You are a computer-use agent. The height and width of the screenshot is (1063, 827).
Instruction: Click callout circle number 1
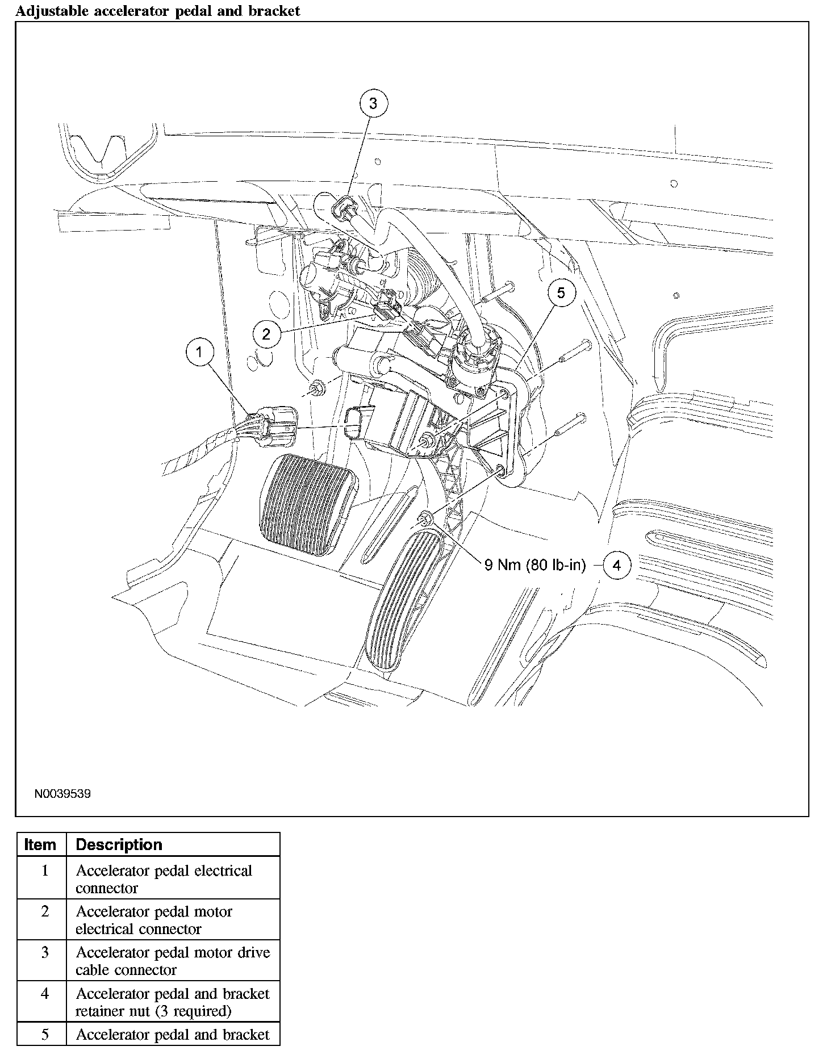click(x=199, y=352)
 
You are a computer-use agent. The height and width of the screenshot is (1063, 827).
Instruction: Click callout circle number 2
click(x=266, y=334)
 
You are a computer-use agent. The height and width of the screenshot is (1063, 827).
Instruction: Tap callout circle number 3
click(x=373, y=103)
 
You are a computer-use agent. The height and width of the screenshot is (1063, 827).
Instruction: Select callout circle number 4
click(x=617, y=565)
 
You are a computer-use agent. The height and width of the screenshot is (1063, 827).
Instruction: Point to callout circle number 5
click(x=561, y=293)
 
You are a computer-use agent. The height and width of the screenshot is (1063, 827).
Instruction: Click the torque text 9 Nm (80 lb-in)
click(x=534, y=565)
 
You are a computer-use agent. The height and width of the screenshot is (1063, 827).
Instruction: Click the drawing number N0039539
click(x=62, y=794)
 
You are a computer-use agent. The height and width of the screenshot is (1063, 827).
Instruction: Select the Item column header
click(x=41, y=845)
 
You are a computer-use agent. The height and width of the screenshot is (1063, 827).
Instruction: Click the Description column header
click(x=119, y=845)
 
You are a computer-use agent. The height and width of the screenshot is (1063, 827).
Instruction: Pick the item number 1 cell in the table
click(x=45, y=871)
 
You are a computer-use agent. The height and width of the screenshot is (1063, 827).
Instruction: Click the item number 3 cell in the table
click(x=45, y=952)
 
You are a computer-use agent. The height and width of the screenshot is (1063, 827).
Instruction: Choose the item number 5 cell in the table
click(x=45, y=1035)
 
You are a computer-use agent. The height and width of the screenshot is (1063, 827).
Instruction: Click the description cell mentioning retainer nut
click(x=173, y=1002)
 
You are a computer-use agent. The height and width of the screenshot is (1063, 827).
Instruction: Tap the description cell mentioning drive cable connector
click(x=173, y=961)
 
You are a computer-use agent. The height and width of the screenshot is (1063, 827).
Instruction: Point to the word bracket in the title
click(x=274, y=11)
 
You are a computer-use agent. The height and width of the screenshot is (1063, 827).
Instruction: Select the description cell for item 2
click(x=173, y=919)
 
